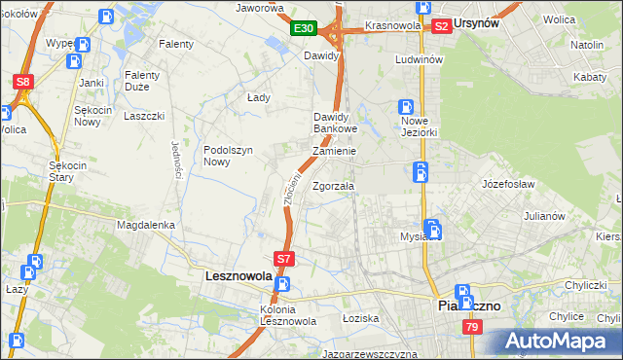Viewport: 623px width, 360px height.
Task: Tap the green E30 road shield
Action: pos(303,29)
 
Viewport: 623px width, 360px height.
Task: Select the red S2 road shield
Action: pos(441,26)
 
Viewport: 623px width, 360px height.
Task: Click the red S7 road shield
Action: pos(283,259)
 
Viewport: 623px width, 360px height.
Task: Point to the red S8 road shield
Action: pos(24,83)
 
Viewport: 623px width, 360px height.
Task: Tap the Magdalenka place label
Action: pos(146,225)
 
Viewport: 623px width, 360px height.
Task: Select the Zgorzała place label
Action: pos(334,186)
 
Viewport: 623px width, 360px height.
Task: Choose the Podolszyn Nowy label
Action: pos(229,156)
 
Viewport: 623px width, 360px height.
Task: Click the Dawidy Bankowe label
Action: pos(336,123)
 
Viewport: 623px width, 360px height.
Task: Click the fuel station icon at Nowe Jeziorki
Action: pos(406,108)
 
